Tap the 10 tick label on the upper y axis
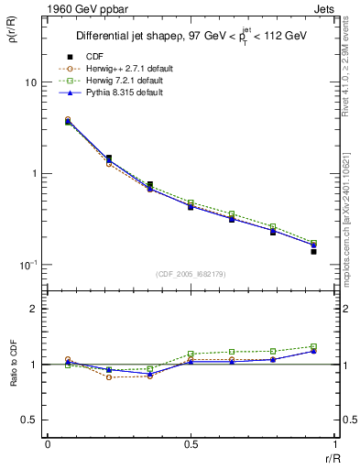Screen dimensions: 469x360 30,82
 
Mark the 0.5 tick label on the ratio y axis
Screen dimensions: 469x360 29,420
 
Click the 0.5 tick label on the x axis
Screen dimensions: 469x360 190,444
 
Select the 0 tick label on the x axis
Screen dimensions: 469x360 48,444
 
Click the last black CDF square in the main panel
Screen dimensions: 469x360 313,251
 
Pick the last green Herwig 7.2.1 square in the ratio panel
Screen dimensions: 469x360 313,346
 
